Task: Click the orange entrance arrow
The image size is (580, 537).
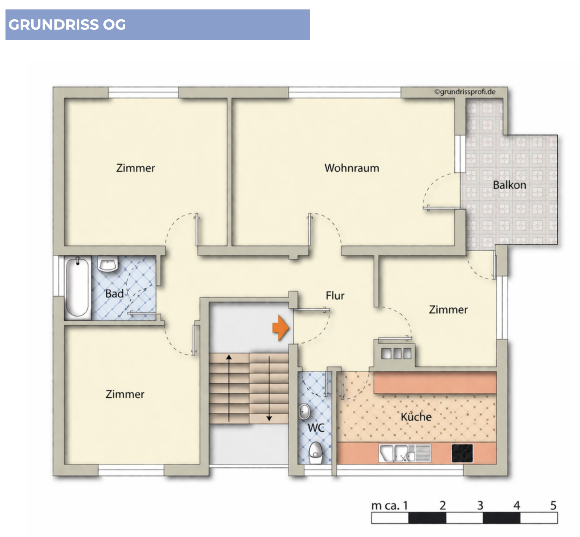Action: (281, 328)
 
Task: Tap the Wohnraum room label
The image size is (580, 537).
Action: (352, 168)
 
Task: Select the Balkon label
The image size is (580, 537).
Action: (509, 185)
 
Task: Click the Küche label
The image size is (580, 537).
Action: (416, 417)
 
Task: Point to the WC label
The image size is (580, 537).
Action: (316, 428)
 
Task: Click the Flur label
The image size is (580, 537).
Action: (335, 295)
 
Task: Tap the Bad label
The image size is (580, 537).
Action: (114, 294)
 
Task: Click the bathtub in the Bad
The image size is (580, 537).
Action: (77, 287)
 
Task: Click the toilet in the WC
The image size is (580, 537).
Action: (315, 452)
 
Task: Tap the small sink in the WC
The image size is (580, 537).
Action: (304, 412)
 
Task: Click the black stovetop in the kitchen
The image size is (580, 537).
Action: (462, 453)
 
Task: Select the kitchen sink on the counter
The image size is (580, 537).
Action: (405, 453)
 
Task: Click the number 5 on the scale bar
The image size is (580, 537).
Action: (553, 505)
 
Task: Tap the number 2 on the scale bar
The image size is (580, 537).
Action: (443, 505)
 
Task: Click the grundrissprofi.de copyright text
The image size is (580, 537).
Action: (465, 92)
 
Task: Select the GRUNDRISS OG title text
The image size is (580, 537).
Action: (67, 25)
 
